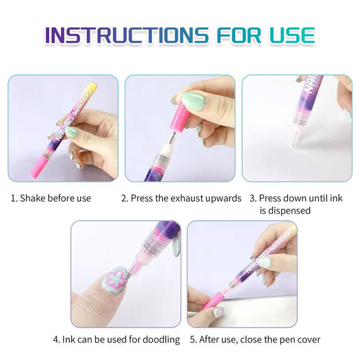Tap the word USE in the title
[287, 35]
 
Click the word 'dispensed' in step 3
[285, 211]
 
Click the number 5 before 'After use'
[192, 339]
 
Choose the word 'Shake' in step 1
[33, 198]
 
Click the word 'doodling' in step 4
[162, 339]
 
